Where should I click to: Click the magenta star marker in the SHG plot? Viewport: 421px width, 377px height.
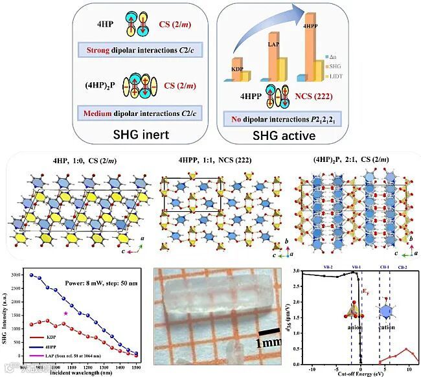tap(65, 314)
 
